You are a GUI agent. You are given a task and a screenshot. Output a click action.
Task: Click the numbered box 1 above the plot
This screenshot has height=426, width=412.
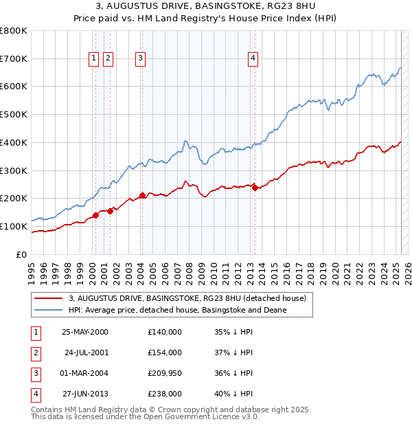93,59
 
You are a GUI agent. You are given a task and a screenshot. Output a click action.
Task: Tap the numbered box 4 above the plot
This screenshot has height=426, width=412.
253,59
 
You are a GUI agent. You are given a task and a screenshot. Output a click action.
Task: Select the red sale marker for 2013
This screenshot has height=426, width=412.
255,188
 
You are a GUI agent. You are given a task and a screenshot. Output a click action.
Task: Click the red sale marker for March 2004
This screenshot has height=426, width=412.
142,196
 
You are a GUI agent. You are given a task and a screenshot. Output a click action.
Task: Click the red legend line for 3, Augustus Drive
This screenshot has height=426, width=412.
49,298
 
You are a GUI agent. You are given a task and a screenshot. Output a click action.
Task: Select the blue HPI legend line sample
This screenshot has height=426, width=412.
49,310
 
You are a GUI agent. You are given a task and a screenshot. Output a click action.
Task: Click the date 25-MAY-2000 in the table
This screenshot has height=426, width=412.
85,332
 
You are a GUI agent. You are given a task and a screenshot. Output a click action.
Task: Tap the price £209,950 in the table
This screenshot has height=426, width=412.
165,373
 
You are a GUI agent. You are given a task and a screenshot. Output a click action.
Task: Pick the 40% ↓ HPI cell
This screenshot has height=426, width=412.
233,394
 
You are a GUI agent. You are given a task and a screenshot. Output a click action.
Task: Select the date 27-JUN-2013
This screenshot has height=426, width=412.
85,394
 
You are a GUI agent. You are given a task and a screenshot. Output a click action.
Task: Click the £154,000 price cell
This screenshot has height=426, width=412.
165,352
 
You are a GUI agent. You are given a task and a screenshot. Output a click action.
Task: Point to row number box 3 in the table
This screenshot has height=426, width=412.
35,373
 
